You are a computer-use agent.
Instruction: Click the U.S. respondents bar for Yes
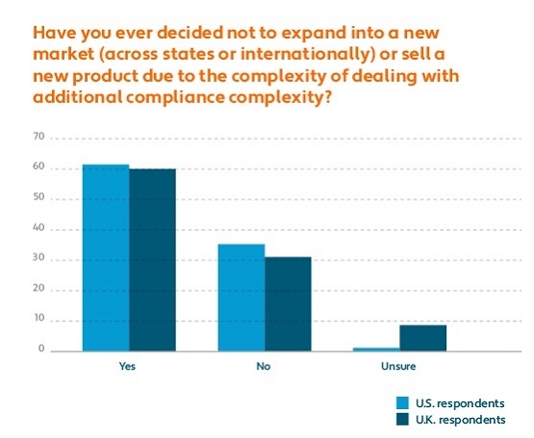pos(106,258)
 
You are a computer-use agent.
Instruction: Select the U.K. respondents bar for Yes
pos(153,260)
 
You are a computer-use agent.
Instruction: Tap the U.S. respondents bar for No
pos(241,297)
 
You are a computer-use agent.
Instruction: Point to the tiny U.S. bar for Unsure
pos(376,349)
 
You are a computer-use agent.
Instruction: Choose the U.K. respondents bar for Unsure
pos(423,338)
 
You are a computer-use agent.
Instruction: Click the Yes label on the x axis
pos(127,367)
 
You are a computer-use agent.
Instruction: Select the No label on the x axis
pos(263,367)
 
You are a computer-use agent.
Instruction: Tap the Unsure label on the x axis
pos(398,367)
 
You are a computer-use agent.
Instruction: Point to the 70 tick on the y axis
pos(40,138)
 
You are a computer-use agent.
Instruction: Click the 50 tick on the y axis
pos(40,198)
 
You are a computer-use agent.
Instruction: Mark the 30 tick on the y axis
pos(40,260)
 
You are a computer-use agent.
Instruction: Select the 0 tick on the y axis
pos(42,350)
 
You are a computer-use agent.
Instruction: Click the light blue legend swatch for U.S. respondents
pos(403,402)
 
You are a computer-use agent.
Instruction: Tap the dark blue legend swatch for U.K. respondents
pos(403,420)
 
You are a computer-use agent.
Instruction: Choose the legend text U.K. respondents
pos(460,420)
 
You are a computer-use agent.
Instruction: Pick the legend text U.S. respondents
pos(460,402)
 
